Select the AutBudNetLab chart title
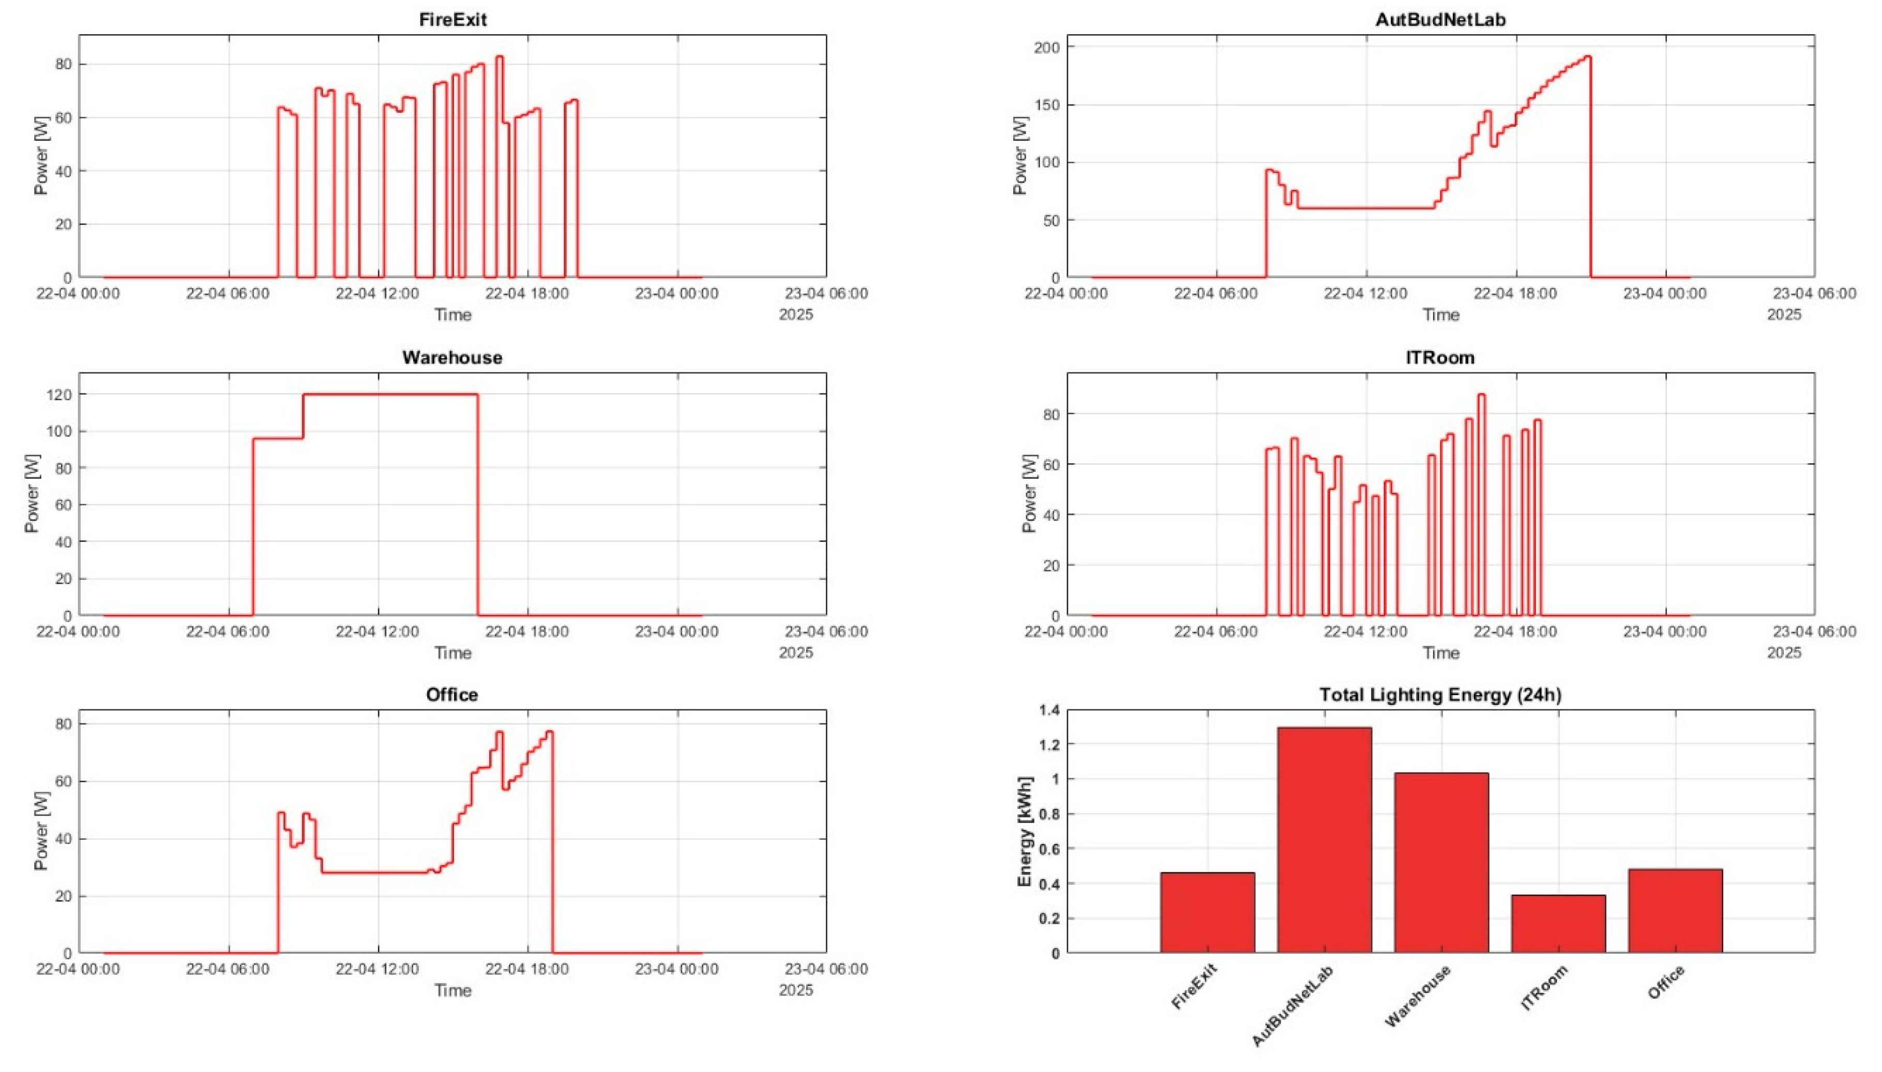(1440, 20)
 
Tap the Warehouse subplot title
(452, 358)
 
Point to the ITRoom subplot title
(1440, 358)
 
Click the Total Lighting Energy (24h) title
(1440, 695)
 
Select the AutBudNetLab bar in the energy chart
(1324, 839)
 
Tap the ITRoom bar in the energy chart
(1558, 924)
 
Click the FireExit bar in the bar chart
(1207, 913)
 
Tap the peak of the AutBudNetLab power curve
(1588, 57)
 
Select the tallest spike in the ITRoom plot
(1481, 396)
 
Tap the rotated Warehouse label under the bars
(1418, 996)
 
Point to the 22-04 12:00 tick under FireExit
(378, 294)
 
